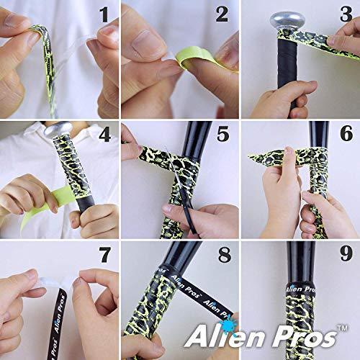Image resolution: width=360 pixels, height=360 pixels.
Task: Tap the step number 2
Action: point(222,14)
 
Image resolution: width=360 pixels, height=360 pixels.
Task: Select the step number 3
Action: point(343,14)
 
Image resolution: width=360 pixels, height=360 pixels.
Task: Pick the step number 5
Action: point(222,134)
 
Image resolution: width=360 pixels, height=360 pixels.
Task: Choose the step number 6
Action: point(343,134)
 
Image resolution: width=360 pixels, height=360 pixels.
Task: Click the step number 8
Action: point(222,254)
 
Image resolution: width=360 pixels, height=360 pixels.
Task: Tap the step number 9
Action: point(343,254)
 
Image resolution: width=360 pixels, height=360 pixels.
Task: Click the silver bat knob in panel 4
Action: point(56,130)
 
